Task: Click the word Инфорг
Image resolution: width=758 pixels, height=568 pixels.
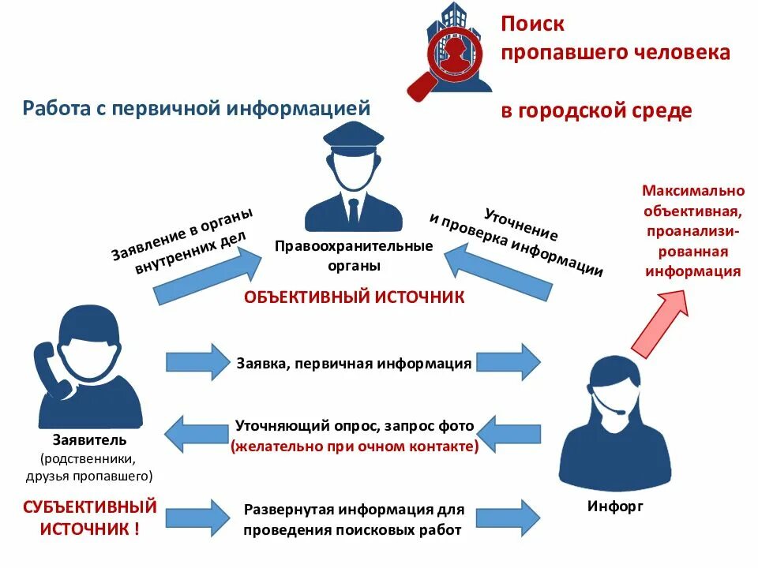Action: pyautogui.click(x=616, y=506)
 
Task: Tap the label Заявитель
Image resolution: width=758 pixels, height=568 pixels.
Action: pyautogui.click(x=89, y=439)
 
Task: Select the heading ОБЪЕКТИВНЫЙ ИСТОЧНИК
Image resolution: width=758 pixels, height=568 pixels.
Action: pyautogui.click(x=355, y=297)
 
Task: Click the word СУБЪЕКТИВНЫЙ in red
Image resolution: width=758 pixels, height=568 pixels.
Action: pyautogui.click(x=89, y=506)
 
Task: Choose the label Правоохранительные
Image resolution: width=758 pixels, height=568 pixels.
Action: pyautogui.click(x=354, y=246)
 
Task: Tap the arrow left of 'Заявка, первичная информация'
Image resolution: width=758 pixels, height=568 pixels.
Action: pyautogui.click(x=195, y=362)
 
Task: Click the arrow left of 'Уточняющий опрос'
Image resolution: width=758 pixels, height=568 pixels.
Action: pyautogui.click(x=195, y=431)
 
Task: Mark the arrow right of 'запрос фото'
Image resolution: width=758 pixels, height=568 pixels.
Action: pyautogui.click(x=510, y=431)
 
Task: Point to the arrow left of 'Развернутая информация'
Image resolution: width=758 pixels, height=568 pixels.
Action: pyautogui.click(x=195, y=514)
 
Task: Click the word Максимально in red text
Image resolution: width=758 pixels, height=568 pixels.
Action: pyautogui.click(x=693, y=191)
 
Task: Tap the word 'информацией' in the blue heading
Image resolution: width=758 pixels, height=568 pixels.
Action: pyautogui.click(x=298, y=108)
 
